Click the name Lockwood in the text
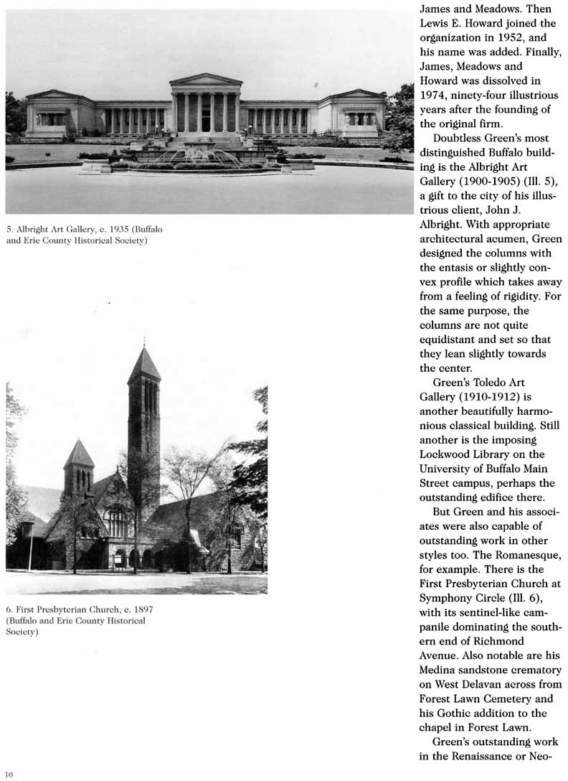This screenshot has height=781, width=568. point(448,454)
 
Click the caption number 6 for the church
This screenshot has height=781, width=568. point(9,609)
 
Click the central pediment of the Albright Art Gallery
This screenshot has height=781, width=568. point(205,80)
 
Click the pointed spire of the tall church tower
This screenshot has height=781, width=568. point(144,365)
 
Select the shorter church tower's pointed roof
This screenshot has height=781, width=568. point(79,454)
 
